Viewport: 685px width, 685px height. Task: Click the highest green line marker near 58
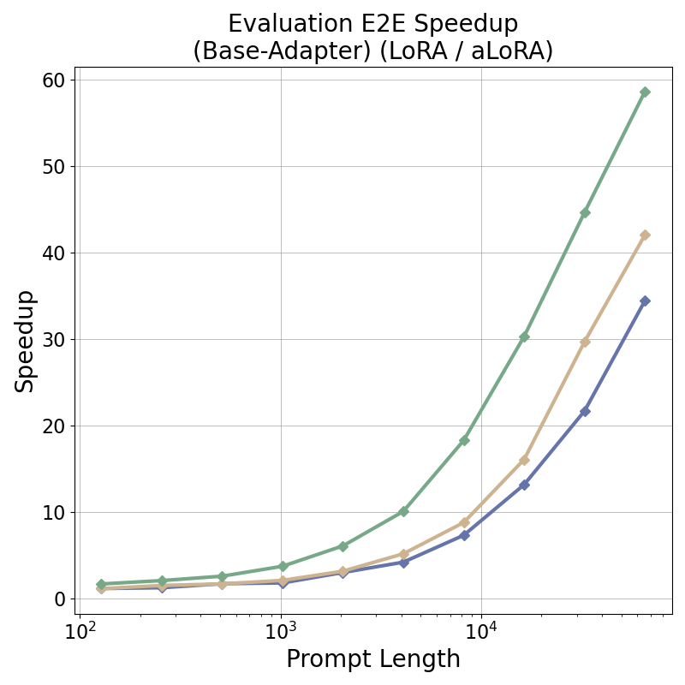click(645, 92)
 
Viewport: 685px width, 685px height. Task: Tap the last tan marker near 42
click(645, 235)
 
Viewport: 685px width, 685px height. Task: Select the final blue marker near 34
click(645, 301)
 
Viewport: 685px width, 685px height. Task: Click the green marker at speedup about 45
click(585, 212)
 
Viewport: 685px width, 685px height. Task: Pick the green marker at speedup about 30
click(524, 337)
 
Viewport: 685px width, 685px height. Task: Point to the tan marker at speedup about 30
click(585, 342)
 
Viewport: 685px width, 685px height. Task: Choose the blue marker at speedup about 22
click(585, 411)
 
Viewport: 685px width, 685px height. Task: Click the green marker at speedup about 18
click(464, 440)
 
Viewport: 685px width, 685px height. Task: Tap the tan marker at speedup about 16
click(524, 460)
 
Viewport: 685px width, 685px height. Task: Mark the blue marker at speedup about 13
click(524, 485)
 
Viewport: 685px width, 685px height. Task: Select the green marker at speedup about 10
click(403, 511)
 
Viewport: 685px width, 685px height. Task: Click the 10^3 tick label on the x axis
click(281, 632)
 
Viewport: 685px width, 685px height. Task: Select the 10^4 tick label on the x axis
click(481, 632)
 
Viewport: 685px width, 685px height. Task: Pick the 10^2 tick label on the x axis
click(80, 632)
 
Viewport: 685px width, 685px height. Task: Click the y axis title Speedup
click(25, 341)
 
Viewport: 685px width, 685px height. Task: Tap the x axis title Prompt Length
click(373, 659)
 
